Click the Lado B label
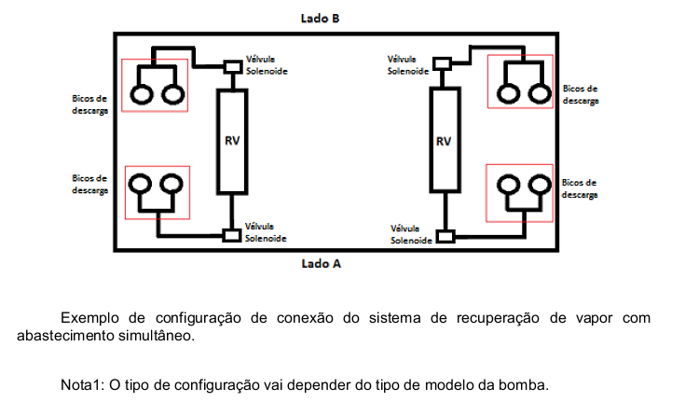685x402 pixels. point(320,19)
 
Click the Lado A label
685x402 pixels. point(322,264)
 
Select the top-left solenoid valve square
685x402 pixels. point(233,67)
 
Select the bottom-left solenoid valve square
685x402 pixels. point(231,235)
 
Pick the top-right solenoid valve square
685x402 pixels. point(442,63)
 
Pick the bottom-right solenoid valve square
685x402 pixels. point(445,237)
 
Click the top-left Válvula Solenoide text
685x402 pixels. point(267,65)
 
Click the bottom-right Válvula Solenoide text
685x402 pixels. point(411,234)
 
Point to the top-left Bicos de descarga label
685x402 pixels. point(89,104)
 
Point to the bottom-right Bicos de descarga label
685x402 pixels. point(580,188)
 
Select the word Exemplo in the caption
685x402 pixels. point(89,318)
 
